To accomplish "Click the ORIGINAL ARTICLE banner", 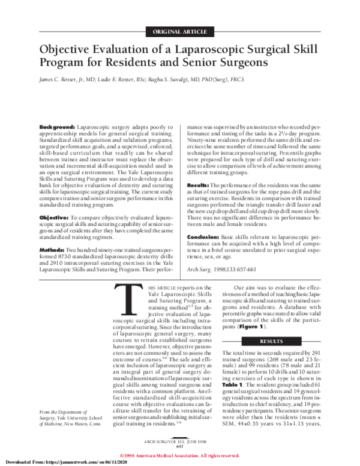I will [180, 31].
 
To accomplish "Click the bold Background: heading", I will [57, 129].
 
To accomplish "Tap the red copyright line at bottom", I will [180, 455].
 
